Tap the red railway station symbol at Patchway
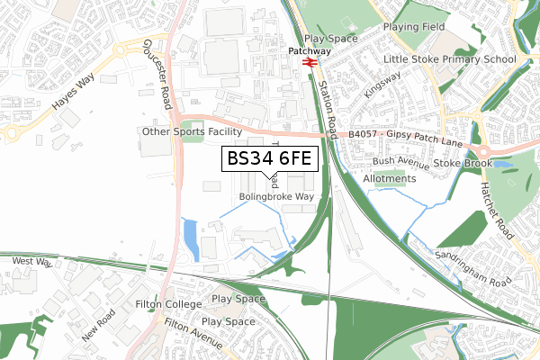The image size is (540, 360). tap(308, 64)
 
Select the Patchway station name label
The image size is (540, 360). tap(309, 52)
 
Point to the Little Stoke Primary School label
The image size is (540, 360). tap(450, 59)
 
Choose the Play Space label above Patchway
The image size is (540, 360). tap(331, 39)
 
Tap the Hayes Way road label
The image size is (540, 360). tap(74, 92)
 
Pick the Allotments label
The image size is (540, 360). tap(390, 178)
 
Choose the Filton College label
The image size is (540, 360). tap(171, 304)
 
